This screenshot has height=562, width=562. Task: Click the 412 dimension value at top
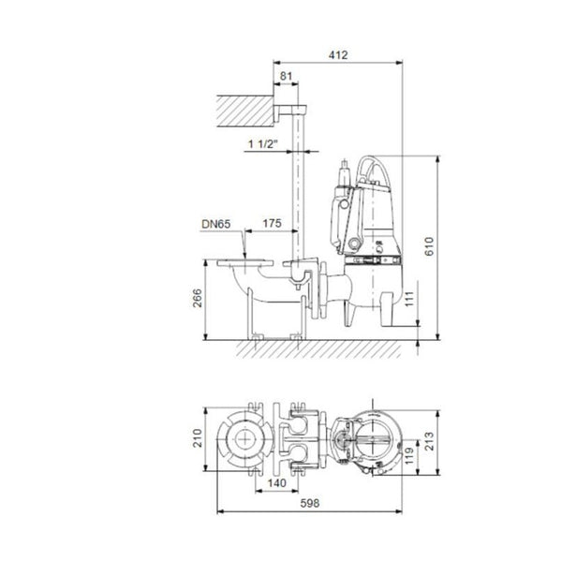(x=338, y=56)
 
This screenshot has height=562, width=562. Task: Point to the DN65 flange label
(x=216, y=226)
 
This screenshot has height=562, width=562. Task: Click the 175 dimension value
(x=272, y=226)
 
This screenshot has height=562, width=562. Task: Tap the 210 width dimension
(x=198, y=437)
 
